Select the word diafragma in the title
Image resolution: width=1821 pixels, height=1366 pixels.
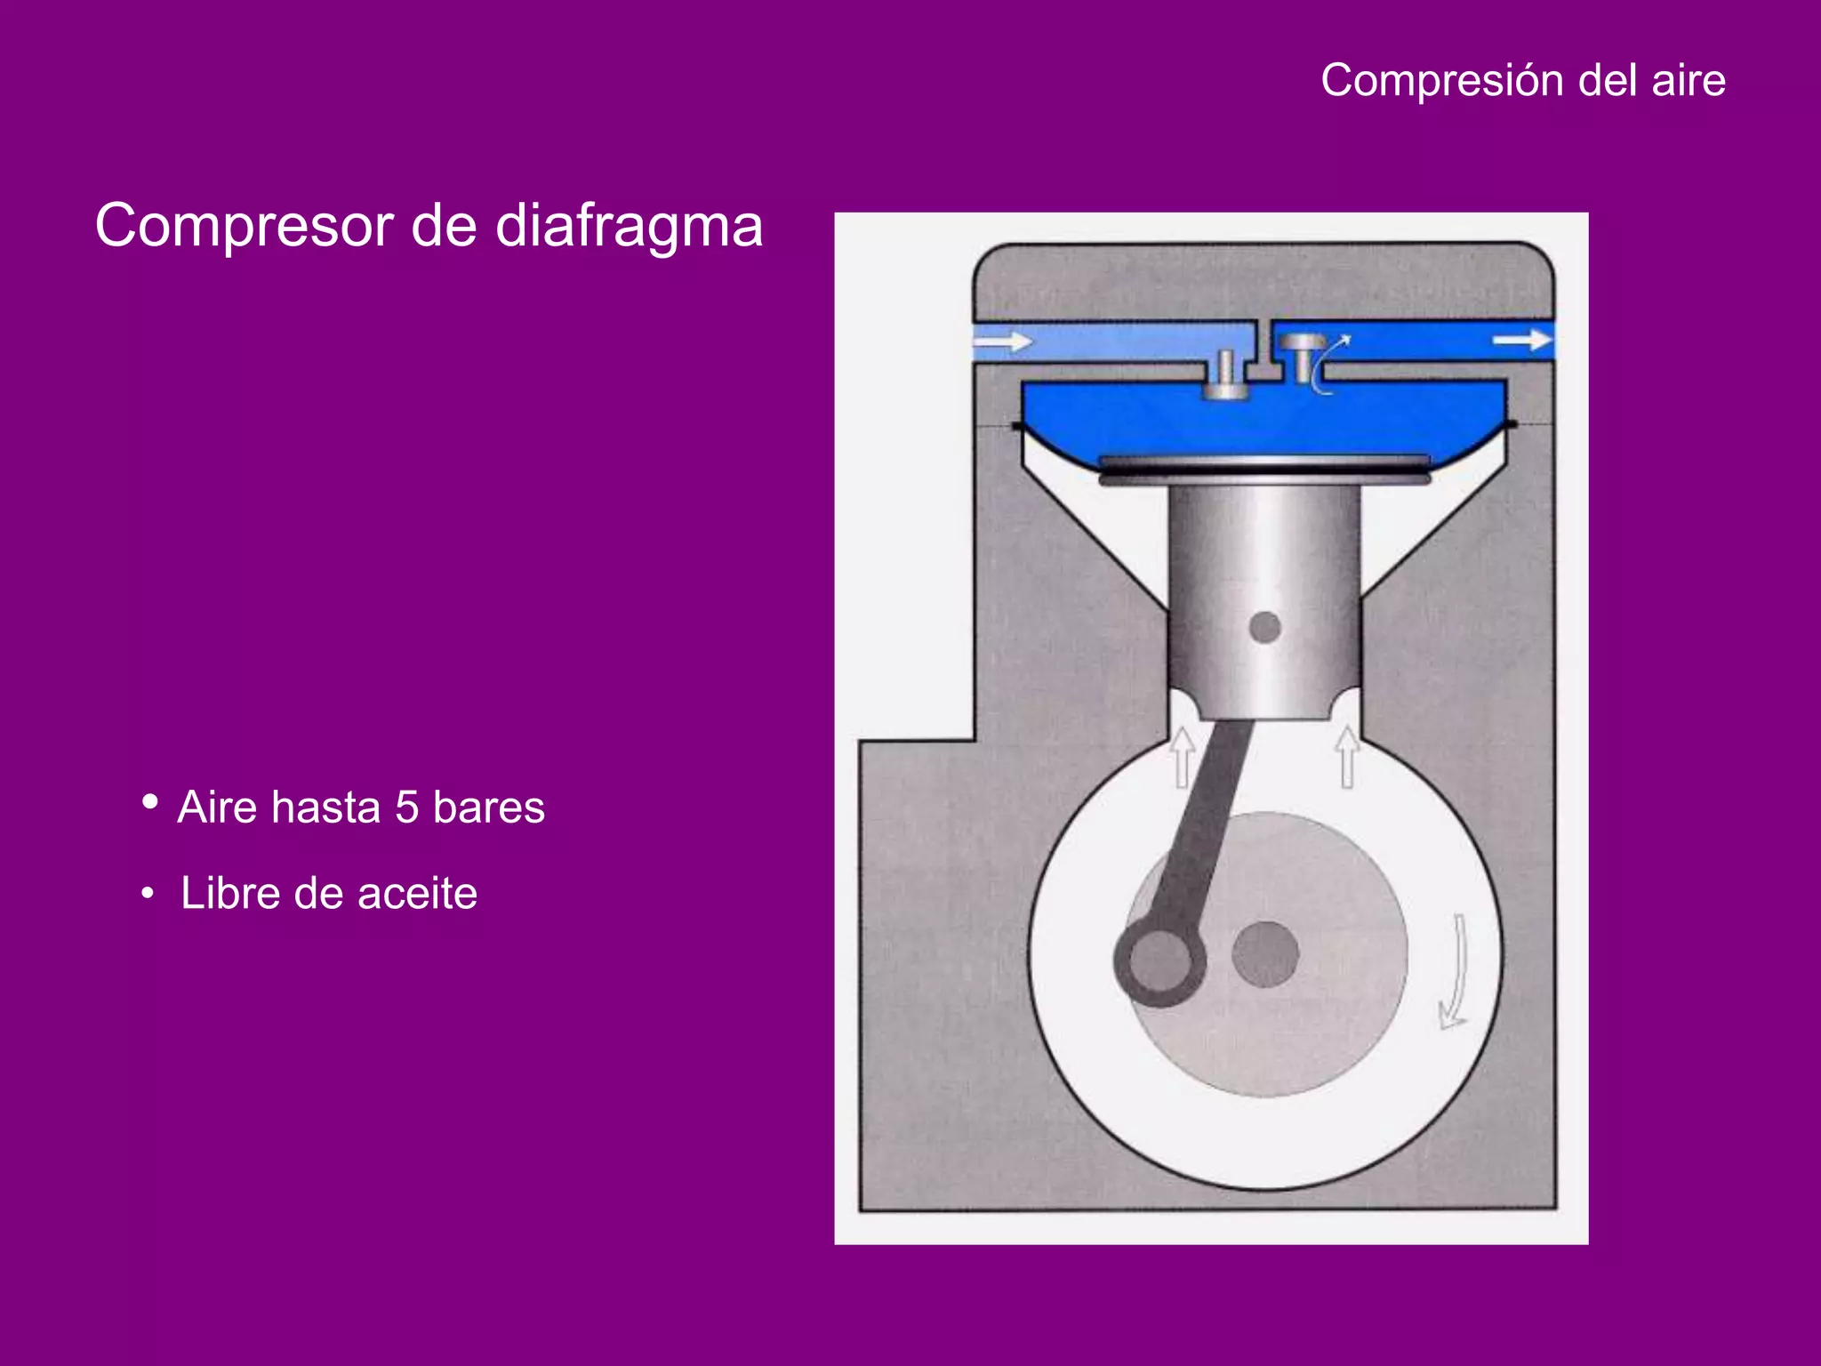pyautogui.click(x=629, y=226)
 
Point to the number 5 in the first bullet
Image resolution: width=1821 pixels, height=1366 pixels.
pyautogui.click(x=406, y=808)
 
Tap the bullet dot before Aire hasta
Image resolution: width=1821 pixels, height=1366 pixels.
pyautogui.click(x=150, y=802)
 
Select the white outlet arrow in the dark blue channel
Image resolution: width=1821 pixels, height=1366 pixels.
pyautogui.click(x=1521, y=340)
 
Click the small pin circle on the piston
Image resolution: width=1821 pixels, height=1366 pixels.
pyautogui.click(x=1264, y=628)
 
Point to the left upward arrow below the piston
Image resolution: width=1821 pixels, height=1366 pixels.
pyautogui.click(x=1183, y=757)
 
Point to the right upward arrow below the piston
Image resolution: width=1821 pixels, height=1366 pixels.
pyautogui.click(x=1347, y=757)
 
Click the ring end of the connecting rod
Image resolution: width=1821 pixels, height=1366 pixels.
pyautogui.click(x=1159, y=962)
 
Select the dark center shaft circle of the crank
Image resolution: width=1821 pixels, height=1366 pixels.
pyautogui.click(x=1265, y=954)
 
